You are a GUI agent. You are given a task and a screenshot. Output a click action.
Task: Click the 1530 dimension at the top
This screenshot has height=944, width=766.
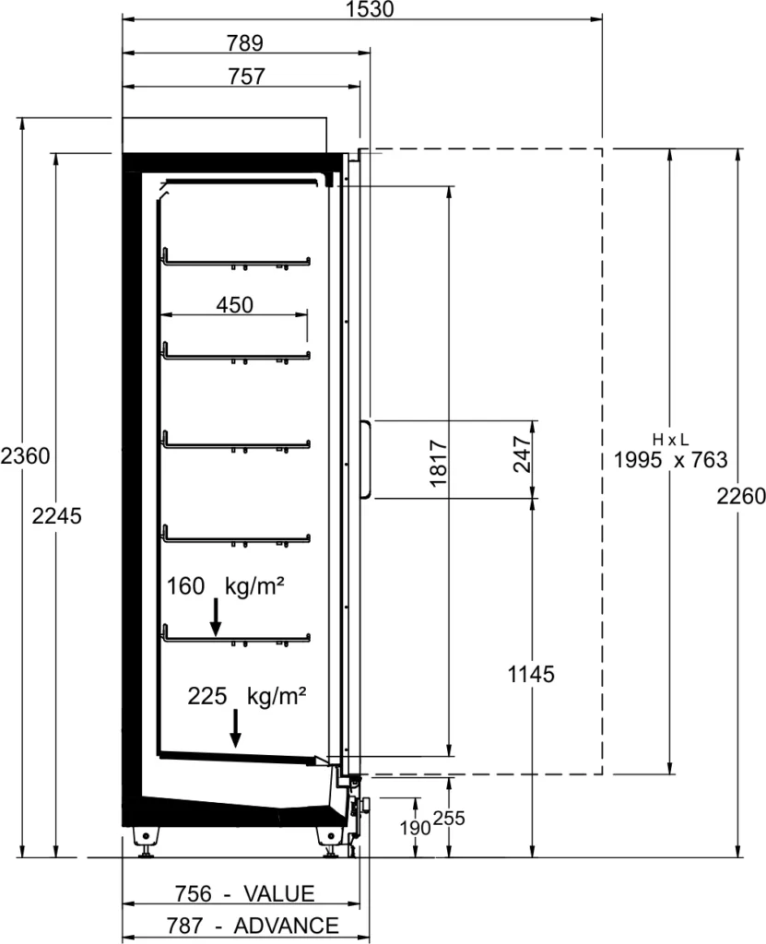click(x=371, y=9)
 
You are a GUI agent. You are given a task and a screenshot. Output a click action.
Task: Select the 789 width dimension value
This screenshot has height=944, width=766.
click(x=245, y=43)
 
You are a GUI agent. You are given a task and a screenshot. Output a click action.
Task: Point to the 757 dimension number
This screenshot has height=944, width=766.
click(x=246, y=77)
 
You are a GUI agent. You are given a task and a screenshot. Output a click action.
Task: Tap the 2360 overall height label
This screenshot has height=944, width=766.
click(x=25, y=455)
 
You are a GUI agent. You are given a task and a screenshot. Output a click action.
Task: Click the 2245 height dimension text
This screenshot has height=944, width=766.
click(x=56, y=516)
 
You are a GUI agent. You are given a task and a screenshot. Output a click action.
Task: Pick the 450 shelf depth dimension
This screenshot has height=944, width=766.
click(x=235, y=305)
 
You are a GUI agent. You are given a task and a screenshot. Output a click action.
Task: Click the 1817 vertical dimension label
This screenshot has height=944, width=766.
click(x=439, y=463)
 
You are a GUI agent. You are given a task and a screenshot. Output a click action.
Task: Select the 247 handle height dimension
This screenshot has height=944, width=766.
click(x=522, y=454)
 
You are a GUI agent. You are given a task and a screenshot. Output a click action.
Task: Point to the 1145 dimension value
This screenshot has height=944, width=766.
click(x=531, y=674)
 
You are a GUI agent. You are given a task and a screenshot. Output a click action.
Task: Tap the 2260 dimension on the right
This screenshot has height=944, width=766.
click(x=741, y=497)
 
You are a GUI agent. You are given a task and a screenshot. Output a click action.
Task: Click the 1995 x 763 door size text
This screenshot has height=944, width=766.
click(x=670, y=460)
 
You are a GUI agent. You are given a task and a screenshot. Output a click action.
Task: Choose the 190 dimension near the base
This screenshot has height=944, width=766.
click(x=415, y=829)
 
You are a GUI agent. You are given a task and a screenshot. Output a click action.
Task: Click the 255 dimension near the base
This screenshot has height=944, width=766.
click(x=449, y=819)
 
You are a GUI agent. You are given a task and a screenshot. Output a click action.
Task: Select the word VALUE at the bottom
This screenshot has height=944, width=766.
click(x=278, y=893)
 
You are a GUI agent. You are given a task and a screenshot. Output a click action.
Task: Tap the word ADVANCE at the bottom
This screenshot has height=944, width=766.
click(x=286, y=926)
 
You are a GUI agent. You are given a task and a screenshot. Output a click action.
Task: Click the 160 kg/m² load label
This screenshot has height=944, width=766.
click(x=225, y=585)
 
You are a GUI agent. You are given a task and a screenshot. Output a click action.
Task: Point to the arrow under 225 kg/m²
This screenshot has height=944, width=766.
click(x=236, y=728)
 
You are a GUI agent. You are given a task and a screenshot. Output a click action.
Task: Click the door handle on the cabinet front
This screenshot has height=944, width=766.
click(x=367, y=459)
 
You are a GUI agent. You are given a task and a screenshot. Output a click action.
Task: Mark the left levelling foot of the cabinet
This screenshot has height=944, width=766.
click(x=147, y=841)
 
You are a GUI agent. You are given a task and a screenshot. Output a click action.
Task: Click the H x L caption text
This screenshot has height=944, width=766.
click(x=670, y=440)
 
